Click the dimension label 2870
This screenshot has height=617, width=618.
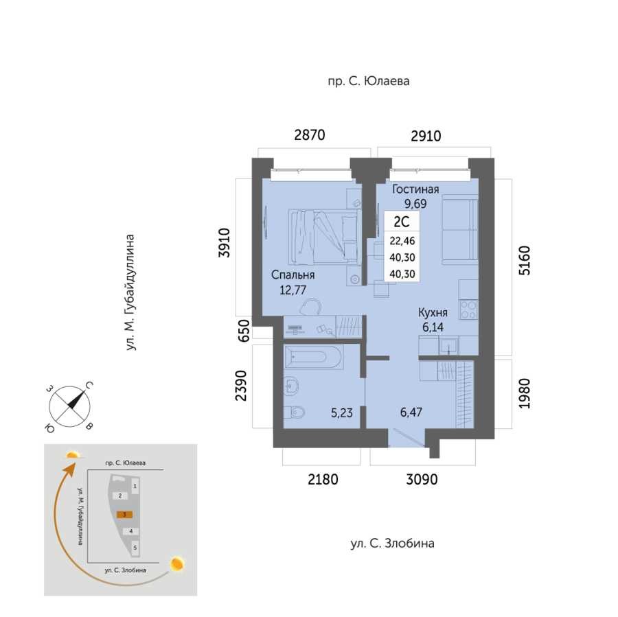tap(310, 135)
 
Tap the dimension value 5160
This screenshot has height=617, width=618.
tap(525, 260)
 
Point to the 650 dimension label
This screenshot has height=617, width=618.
tap(244, 331)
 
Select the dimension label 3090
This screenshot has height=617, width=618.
tap(422, 480)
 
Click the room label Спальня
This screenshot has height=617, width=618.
tap(293, 275)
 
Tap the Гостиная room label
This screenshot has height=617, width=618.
tap(415, 189)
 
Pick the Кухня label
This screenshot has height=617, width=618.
tap(433, 313)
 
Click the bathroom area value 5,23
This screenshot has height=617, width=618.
tap(342, 413)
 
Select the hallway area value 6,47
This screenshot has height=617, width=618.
tap(411, 412)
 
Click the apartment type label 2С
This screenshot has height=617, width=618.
tap(402, 222)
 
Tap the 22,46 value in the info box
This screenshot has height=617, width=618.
tap(402, 240)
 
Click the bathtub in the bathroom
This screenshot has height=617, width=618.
tap(313, 357)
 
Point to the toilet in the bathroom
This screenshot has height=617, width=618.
tap(294, 412)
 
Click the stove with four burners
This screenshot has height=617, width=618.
tap(468, 310)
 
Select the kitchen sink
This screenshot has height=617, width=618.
tap(448, 345)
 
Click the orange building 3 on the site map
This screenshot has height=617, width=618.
tap(124, 514)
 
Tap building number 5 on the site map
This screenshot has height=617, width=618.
tap(135, 547)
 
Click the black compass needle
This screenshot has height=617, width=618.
tap(76, 399)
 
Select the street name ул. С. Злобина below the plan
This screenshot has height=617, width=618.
tap(393, 544)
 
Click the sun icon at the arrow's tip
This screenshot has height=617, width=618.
tap(73, 455)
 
